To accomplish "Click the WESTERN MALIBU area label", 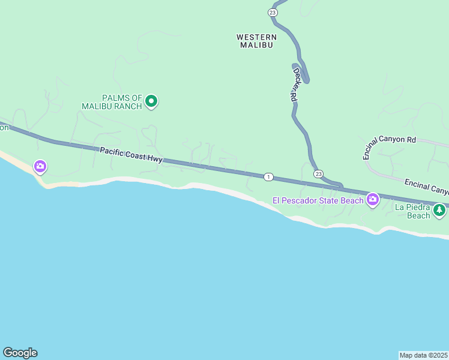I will [256, 41].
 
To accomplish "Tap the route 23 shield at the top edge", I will [273, 13].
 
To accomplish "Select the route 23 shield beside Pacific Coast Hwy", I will [318, 174].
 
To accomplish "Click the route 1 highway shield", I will [268, 176].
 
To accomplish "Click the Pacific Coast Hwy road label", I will [131, 155].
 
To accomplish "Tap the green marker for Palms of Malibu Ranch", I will [152, 102].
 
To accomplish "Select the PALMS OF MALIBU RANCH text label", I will [113, 102].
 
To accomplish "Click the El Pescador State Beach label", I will [318, 200].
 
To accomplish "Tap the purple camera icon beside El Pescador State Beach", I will [373, 199].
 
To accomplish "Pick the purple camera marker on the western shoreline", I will [40, 166].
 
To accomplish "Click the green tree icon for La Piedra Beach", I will [440, 210].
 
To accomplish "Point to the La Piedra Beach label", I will [412, 211].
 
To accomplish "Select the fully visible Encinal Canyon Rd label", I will [389, 147].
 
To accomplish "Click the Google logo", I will [20, 353].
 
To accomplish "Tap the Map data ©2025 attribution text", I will [424, 355].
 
